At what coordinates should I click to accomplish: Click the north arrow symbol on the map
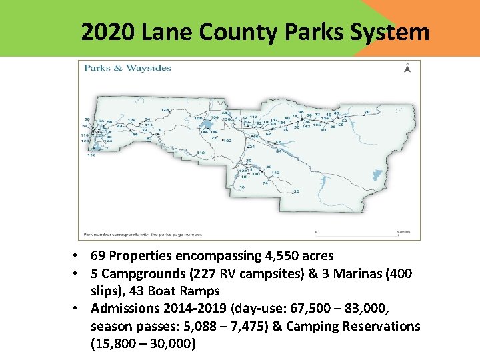coord(407,67)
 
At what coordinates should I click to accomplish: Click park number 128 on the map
coord(165,109)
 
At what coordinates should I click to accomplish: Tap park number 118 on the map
coord(201,153)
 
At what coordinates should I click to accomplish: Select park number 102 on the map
coord(227,141)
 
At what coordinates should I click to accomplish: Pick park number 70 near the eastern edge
coord(367,112)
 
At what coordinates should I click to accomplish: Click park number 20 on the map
coord(296,191)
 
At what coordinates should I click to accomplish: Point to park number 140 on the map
coord(275,172)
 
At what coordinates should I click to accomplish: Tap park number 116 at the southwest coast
coord(90,155)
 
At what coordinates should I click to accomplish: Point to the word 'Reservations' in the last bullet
coord(381,326)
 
